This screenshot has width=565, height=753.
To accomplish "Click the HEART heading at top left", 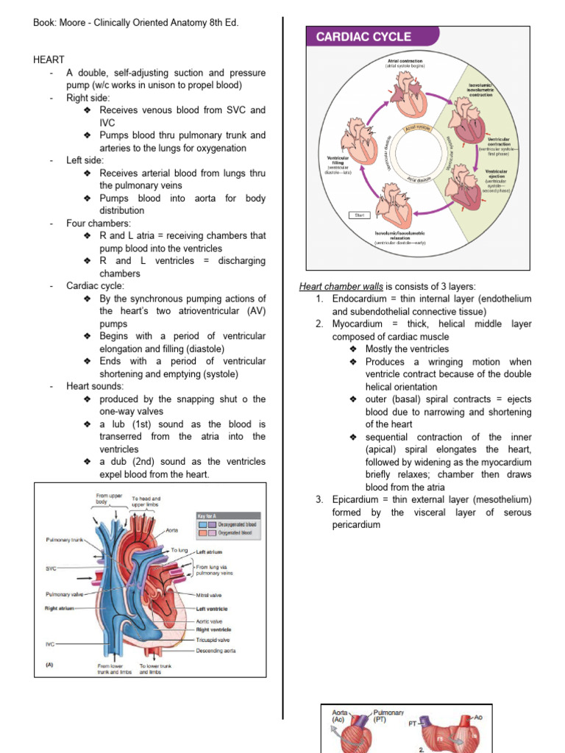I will click(49, 60).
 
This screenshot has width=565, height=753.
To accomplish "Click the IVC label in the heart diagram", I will click(51, 643).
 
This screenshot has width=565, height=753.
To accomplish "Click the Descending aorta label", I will click(216, 650).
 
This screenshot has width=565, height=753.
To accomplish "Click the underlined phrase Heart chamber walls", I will click(335, 286).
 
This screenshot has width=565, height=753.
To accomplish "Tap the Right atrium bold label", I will click(61, 608).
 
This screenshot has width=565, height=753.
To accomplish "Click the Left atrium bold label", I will click(209, 552).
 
